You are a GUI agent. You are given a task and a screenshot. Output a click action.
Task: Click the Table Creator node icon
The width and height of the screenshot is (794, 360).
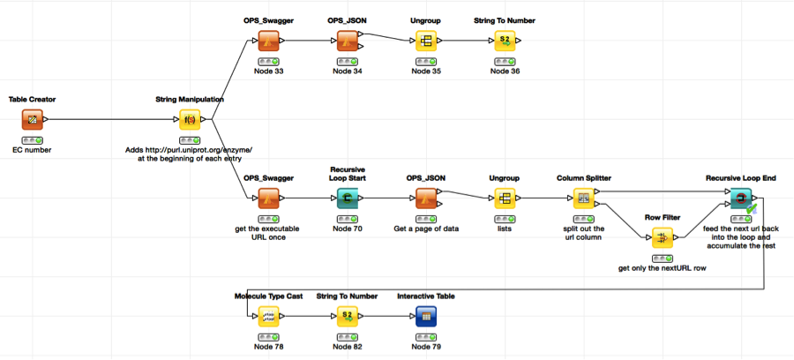click(x=33, y=119)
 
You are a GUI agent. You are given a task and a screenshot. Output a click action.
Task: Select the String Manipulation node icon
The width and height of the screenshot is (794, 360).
click(x=190, y=119)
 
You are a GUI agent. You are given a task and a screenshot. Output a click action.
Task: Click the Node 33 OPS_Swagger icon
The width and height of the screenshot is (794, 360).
click(x=268, y=41)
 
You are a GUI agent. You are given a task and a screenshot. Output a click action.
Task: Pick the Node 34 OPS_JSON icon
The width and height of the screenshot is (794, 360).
click(x=348, y=41)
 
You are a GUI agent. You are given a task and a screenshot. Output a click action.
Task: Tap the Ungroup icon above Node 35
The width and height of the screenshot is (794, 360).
click(x=426, y=41)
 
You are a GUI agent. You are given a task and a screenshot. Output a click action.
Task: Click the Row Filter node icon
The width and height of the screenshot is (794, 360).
click(x=662, y=237)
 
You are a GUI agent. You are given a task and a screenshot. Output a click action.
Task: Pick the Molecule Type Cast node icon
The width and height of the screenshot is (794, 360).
click(x=268, y=316)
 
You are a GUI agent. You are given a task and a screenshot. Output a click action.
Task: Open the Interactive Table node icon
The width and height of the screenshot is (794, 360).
click(x=426, y=316)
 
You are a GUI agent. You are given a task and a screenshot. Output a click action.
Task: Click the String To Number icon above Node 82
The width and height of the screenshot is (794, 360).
click(x=348, y=316)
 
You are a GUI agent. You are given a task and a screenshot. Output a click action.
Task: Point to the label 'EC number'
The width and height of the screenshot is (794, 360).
click(x=33, y=150)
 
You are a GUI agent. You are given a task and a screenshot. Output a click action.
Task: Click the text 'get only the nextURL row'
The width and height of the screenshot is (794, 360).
click(x=662, y=268)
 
